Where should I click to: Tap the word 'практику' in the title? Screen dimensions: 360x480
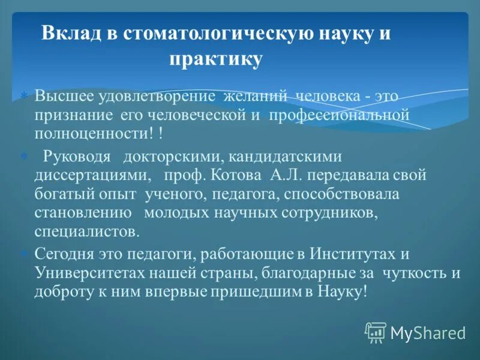(215, 59)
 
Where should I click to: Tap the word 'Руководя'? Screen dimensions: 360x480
(77, 157)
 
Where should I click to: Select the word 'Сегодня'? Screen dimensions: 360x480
(62, 254)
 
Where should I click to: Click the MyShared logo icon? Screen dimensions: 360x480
(376, 332)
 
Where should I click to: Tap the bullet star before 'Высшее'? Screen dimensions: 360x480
(24, 97)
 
